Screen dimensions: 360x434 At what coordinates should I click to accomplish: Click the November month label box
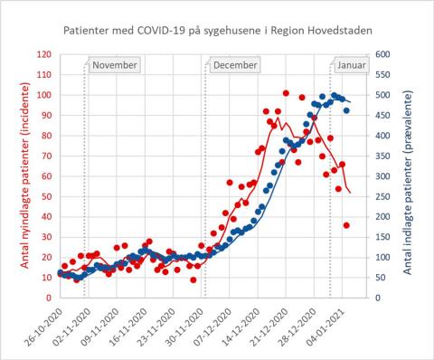tap(115, 66)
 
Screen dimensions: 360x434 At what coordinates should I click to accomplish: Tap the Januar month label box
tap(351, 66)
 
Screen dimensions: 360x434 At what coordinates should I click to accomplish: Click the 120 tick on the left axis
tap(42, 54)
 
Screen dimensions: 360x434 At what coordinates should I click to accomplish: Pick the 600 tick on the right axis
tap(384, 54)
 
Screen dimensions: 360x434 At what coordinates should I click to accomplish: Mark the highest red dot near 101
tap(286, 93)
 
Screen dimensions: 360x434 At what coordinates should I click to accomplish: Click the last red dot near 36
tap(346, 225)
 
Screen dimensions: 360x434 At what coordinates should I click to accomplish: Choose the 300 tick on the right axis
tap(384, 176)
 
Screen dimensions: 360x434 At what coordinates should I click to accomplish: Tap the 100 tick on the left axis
tap(42, 95)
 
